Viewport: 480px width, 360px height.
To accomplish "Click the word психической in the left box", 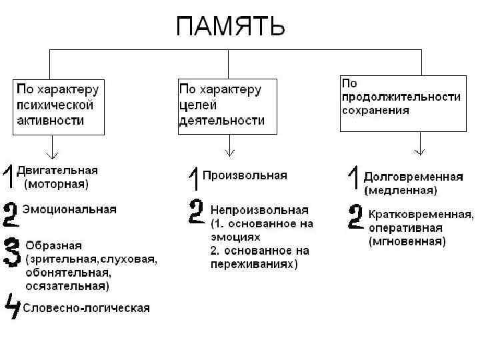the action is [55, 105].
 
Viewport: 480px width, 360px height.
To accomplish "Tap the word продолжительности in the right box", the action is [401, 97].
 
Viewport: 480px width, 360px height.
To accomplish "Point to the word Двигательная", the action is [57, 170].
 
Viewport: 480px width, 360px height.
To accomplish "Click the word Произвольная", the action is [245, 175].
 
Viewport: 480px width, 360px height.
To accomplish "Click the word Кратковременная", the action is [421, 215].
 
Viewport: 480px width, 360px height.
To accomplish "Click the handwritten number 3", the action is [12, 252].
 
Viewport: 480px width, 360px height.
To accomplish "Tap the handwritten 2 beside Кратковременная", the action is [356, 217].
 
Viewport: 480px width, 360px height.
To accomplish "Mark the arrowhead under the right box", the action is [420, 151].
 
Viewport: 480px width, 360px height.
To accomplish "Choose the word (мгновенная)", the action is [407, 241].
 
